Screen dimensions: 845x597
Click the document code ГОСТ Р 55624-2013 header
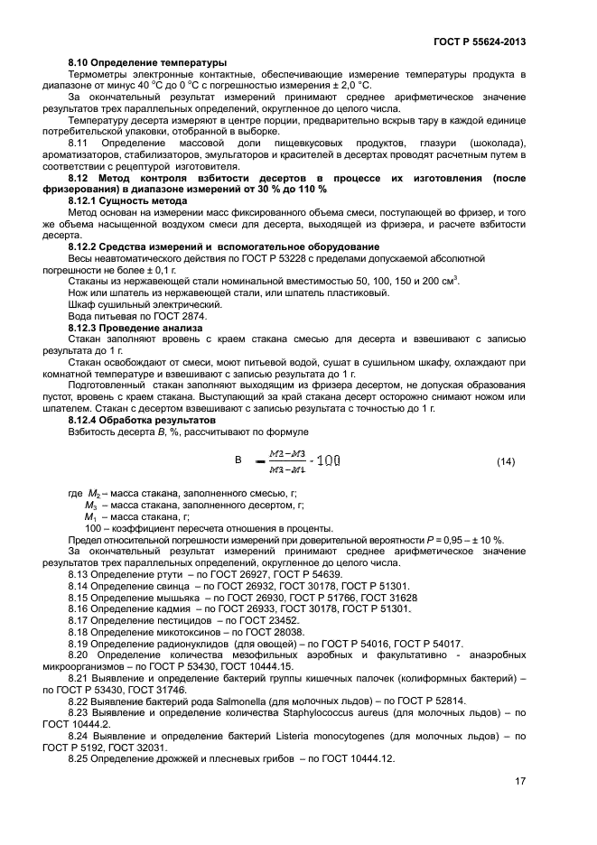(480, 42)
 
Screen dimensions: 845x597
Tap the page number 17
(520, 782)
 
